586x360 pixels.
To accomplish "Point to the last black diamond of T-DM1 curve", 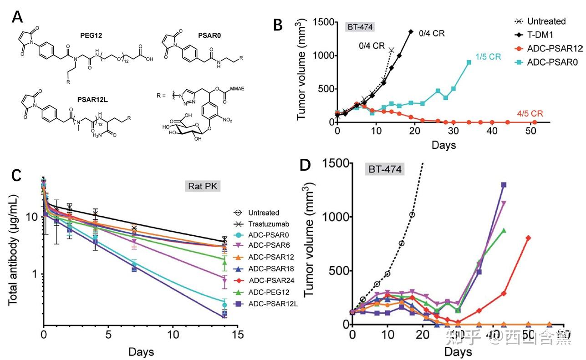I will [x=411, y=31].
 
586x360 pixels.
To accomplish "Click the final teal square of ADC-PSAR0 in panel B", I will [x=469, y=62].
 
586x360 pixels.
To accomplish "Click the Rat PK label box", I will [x=202, y=186].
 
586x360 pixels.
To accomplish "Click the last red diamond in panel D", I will [x=528, y=238].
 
